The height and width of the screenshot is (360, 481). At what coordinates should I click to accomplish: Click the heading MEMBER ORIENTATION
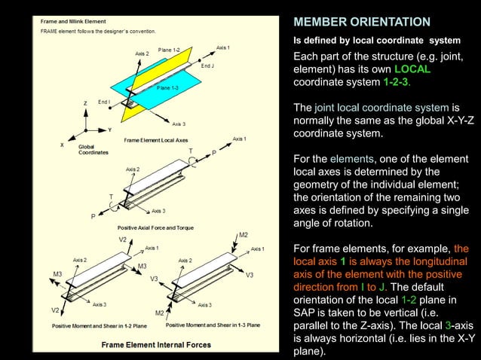pyautogui.click(x=361, y=22)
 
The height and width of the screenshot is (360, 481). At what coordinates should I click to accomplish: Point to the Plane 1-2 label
pyautogui.click(x=170, y=50)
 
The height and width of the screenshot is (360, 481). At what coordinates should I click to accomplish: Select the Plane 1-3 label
pyautogui.click(x=167, y=88)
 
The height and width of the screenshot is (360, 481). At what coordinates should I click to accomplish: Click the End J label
pyautogui.click(x=208, y=66)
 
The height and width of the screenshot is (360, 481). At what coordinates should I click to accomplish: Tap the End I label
pyautogui.click(x=104, y=102)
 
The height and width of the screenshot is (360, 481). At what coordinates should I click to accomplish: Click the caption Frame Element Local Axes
pyautogui.click(x=156, y=140)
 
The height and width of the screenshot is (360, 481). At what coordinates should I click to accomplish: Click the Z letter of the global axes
pyautogui.click(x=85, y=103)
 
